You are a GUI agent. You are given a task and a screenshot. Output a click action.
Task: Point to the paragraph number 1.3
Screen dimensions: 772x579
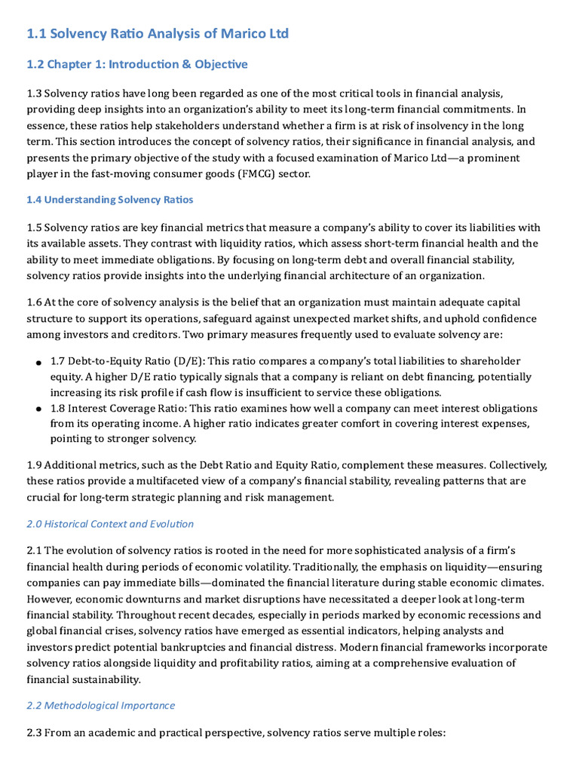[34, 93]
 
